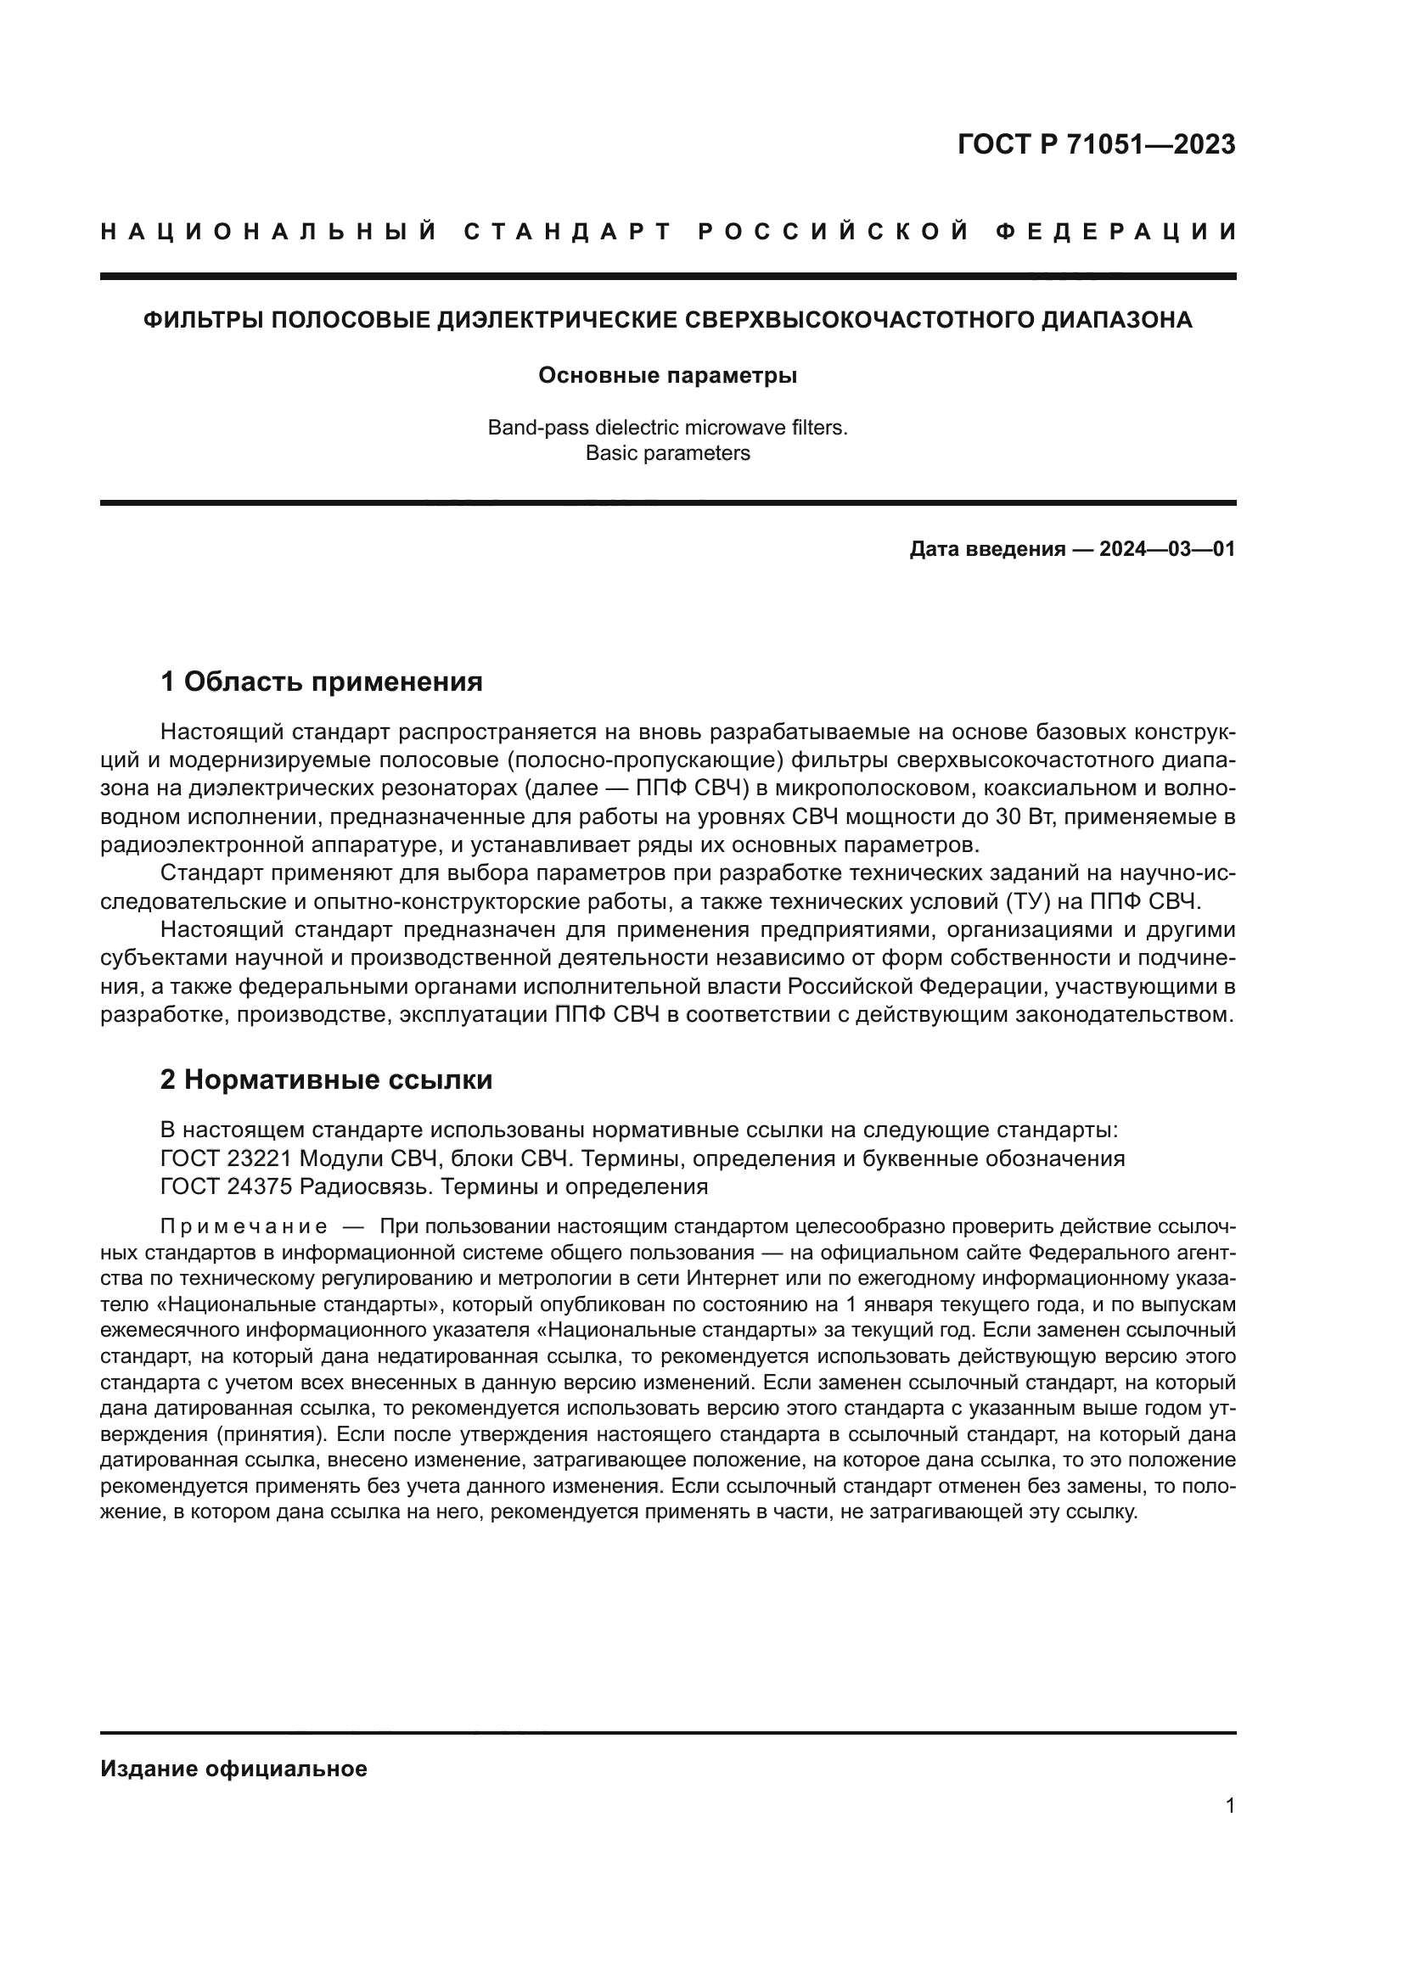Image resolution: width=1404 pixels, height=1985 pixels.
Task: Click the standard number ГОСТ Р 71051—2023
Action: click(1096, 144)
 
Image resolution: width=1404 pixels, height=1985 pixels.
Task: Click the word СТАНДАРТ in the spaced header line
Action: click(567, 232)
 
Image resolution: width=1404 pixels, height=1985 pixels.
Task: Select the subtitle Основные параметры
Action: click(667, 376)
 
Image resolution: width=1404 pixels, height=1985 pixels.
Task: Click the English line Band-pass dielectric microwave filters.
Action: click(667, 428)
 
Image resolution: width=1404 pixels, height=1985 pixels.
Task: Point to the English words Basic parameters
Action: click(667, 453)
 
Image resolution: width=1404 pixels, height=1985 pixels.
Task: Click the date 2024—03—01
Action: click(1166, 550)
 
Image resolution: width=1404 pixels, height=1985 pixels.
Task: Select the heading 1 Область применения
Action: click(322, 682)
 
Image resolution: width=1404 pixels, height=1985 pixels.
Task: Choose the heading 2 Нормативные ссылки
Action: click(327, 1079)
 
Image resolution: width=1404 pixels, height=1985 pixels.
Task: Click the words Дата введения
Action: click(986, 550)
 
